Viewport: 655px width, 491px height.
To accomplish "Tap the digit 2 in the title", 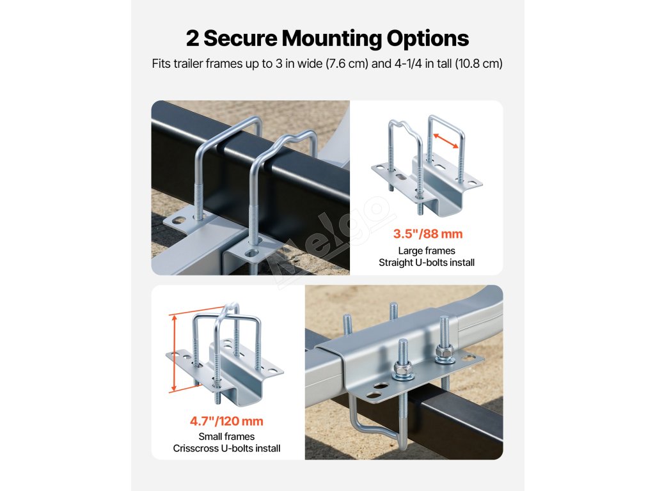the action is (193, 38).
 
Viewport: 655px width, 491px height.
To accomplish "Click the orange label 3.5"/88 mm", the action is (427, 234).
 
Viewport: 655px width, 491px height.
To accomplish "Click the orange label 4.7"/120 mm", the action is (226, 421).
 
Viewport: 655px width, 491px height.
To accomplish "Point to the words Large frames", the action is (427, 251).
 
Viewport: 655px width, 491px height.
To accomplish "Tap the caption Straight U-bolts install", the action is (427, 262).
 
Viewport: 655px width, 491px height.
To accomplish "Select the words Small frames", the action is (226, 437).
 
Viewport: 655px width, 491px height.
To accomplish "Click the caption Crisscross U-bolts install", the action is (226, 448).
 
